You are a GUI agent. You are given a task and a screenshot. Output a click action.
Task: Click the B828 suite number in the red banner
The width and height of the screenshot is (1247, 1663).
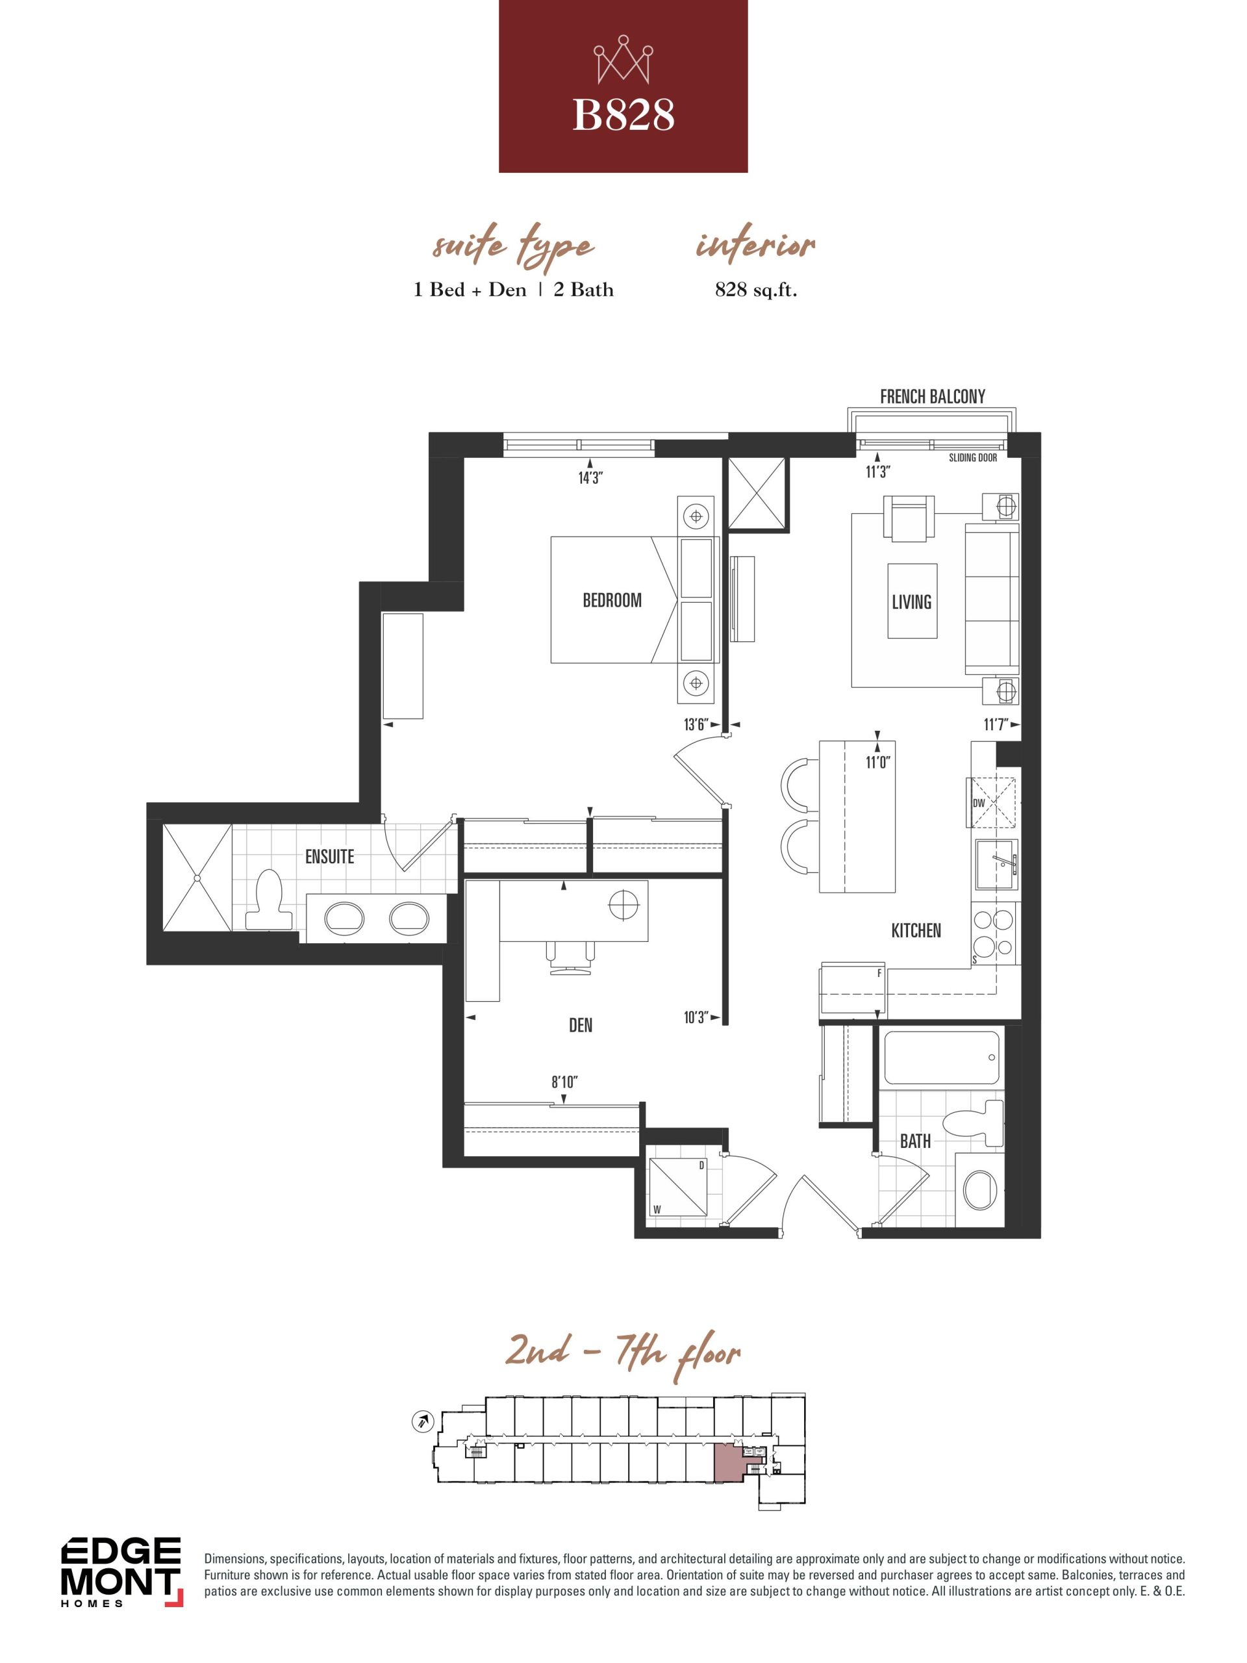tap(623, 116)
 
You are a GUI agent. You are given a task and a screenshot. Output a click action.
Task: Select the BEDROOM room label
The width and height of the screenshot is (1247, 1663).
tap(612, 600)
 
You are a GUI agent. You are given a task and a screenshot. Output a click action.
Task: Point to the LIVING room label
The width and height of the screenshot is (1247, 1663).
tap(911, 602)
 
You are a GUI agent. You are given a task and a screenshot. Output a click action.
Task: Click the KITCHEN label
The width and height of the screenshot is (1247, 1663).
tap(916, 930)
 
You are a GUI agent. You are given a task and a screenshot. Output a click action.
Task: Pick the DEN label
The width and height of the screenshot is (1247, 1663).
tap(580, 1024)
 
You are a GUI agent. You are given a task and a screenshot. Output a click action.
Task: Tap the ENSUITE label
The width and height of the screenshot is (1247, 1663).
tap(329, 856)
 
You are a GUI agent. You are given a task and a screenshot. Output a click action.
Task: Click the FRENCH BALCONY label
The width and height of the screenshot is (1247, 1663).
tap(932, 396)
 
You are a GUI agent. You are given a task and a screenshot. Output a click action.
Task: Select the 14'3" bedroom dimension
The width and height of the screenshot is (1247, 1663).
tap(590, 477)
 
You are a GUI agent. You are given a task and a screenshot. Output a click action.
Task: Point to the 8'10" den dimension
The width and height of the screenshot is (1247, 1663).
tap(564, 1082)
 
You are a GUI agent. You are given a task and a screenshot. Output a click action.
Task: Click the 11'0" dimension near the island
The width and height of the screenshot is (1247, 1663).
tap(877, 763)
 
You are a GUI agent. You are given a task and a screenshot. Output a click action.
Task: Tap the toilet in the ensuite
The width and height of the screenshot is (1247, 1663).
tap(268, 899)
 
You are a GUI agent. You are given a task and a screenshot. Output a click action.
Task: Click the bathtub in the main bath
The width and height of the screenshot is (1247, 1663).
tap(942, 1057)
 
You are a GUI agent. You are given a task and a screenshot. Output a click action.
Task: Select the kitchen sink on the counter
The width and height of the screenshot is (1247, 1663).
tap(997, 863)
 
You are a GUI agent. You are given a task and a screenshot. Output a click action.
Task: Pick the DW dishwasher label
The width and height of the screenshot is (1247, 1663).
tap(979, 803)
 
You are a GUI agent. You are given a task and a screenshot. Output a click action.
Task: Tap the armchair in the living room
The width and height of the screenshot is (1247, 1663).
tap(909, 518)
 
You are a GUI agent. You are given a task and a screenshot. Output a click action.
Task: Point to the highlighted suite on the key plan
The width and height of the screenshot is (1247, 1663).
tap(727, 1462)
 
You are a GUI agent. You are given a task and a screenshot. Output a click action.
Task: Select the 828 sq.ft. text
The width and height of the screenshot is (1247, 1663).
tap(755, 290)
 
